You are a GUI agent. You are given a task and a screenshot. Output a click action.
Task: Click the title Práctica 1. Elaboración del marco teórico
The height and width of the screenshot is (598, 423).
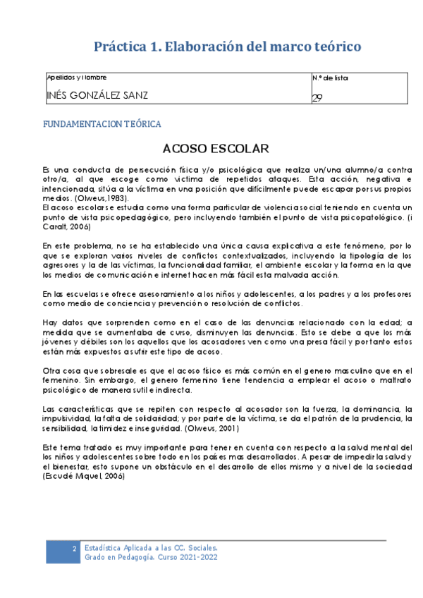tap(228, 47)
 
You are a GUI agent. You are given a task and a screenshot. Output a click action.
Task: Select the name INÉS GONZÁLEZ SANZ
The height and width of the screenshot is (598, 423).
tap(97, 96)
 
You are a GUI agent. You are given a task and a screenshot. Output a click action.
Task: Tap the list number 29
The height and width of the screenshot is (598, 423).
tap(317, 98)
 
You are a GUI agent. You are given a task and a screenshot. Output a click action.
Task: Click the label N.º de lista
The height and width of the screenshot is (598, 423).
tap(329, 78)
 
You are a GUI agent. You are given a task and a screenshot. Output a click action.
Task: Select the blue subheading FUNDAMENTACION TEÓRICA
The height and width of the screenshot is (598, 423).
tap(102, 124)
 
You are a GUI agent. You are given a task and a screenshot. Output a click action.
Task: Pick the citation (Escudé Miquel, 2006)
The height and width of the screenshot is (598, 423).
tap(84, 477)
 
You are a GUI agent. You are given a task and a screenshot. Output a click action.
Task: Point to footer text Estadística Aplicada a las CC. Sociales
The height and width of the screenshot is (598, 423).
tap(155, 547)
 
